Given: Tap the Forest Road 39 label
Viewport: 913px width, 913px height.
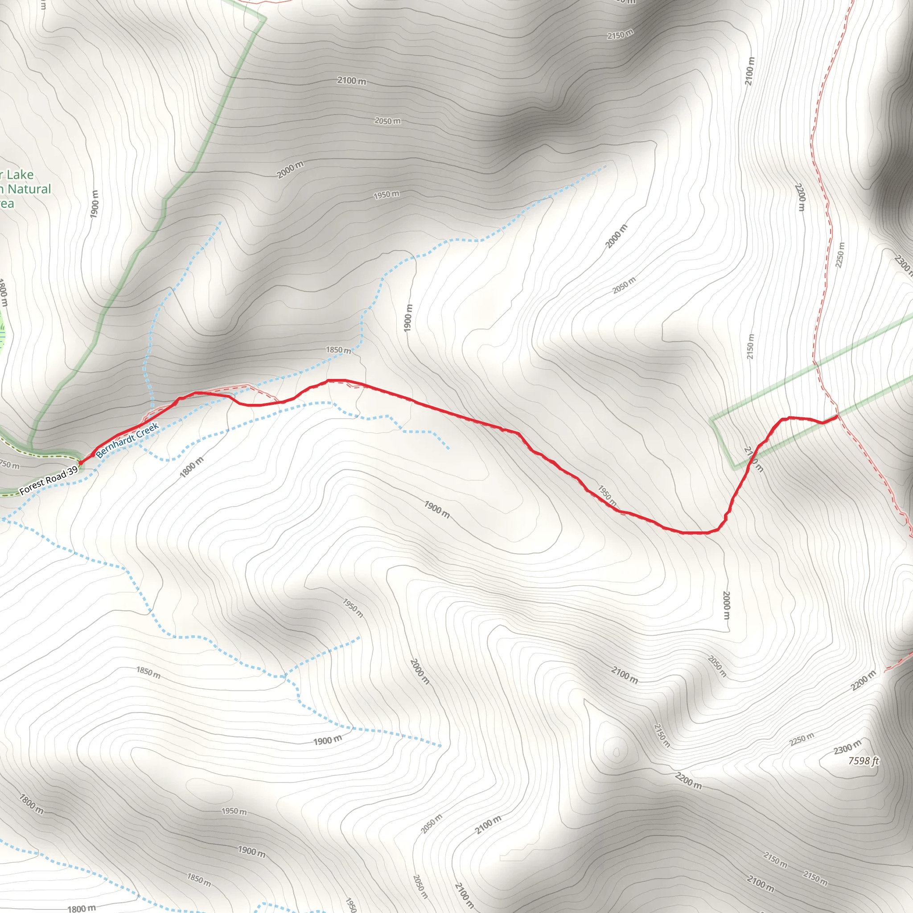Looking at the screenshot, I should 49,481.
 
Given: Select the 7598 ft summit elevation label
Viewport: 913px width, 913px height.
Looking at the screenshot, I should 864,761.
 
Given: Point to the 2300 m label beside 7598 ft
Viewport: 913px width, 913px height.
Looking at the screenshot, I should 847,747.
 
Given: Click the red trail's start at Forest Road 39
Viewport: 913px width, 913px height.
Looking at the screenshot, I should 80,462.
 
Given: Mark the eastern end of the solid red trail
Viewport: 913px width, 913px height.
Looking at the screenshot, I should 837,416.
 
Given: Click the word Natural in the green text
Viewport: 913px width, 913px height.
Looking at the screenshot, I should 29,189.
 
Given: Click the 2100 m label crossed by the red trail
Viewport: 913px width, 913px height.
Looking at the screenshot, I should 753,459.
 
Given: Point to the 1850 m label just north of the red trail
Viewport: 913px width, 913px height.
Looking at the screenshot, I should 338,350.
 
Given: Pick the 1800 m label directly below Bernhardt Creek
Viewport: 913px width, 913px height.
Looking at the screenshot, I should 192,467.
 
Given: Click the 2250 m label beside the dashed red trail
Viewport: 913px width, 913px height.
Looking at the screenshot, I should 840,255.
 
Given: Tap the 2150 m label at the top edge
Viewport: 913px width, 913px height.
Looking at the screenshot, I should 620,34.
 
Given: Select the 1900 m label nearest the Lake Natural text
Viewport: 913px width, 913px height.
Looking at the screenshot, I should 95,204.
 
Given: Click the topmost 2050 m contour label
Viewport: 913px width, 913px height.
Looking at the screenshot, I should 387,121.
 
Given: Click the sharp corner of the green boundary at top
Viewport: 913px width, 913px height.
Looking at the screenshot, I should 265,18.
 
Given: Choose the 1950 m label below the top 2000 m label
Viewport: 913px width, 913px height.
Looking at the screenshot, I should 386,195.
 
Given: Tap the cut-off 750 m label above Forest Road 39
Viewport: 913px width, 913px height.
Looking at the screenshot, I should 9,465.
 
